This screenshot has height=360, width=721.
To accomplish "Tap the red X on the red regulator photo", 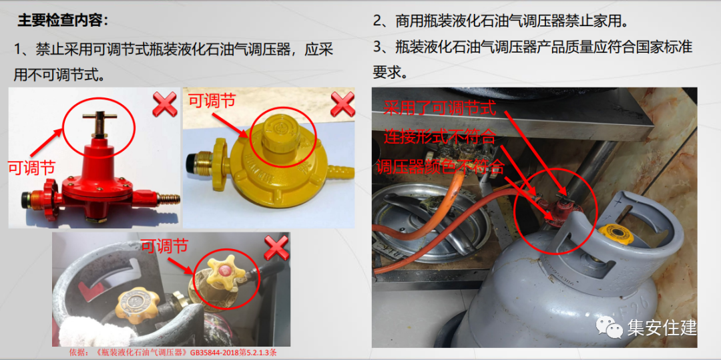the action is (165, 104).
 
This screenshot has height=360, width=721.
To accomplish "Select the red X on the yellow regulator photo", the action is (342, 104).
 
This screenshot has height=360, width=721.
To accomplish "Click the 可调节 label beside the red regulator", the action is (31, 167).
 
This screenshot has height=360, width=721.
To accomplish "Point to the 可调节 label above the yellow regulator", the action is (212, 100).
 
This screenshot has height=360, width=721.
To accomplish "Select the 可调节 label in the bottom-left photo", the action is (164, 246).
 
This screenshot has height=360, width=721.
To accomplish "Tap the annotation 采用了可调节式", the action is (440, 109).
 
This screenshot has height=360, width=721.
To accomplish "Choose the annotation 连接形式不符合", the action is (440, 136).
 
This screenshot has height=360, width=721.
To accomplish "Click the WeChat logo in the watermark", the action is (609, 327).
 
